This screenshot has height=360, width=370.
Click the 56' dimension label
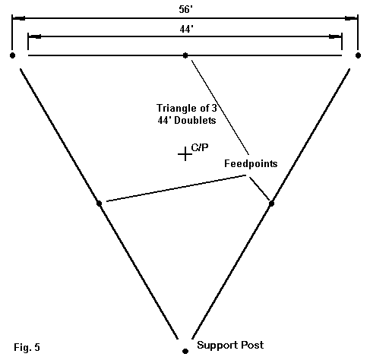pos(186,10)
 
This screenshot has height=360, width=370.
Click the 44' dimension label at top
pos(186,30)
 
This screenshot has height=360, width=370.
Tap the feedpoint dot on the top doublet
pos(185,55)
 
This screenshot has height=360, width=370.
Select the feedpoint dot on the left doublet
pos(100,204)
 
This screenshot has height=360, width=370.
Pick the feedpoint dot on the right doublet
pos(271,204)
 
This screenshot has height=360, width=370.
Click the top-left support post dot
pos(12,55)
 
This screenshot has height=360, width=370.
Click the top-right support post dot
pos(358,55)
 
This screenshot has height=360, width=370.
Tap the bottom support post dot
pos(185,351)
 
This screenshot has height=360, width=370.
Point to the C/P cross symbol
pos(185,154)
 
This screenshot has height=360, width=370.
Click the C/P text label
pos(200,147)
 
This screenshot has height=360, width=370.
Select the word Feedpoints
pos(251,163)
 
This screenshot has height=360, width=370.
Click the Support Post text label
pos(230,345)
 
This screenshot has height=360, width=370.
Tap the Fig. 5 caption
pos(27,347)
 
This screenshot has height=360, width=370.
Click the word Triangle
pos(175,109)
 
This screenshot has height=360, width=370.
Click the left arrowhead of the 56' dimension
pos(19,18)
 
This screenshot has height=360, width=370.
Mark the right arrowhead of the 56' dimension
pos(351,18)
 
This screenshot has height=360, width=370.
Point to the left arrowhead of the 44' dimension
pos(34,36)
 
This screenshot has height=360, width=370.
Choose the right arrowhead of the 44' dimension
pos(335,36)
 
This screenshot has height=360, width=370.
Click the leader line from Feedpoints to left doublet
pos(176,188)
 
